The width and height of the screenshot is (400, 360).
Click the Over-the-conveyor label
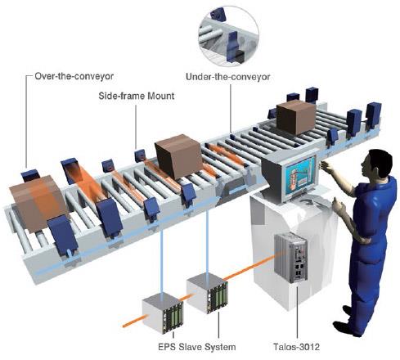coord(74,76)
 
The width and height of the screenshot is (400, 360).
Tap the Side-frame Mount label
coord(137,96)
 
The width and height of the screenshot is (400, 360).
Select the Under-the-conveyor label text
coord(227,77)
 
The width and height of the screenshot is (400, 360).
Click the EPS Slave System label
coord(197,347)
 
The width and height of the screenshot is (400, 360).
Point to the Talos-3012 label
coord(296,347)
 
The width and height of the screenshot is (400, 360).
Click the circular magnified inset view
coord(229,35)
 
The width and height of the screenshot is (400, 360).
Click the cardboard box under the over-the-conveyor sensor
coord(38,201)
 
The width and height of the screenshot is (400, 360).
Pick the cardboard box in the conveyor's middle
coord(179,156)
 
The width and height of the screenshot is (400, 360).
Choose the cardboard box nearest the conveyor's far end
coord(296,117)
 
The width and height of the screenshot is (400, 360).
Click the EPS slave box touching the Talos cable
coord(207,293)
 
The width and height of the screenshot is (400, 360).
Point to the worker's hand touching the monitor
coord(326,166)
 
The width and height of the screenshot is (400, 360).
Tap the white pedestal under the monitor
coord(292,245)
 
